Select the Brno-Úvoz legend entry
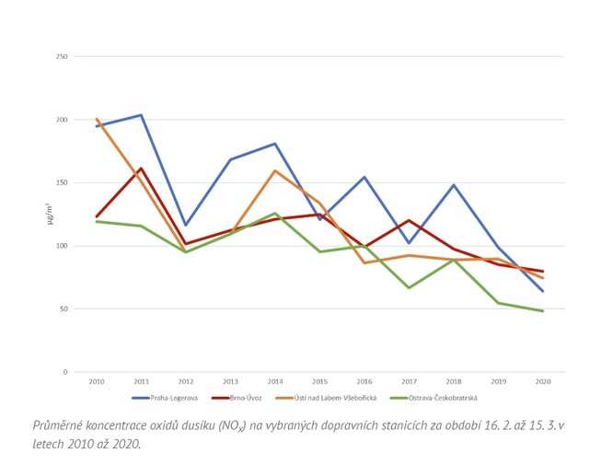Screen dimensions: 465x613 click(x=242, y=398)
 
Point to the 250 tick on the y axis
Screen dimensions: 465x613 click(x=62, y=57)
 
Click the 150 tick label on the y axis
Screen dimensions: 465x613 click(x=62, y=183)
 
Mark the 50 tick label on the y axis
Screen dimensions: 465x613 click(x=64, y=309)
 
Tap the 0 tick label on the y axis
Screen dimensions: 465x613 click(x=65, y=372)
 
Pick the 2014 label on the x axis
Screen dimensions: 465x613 click(x=274, y=380)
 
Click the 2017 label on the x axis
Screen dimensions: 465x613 click(x=410, y=380)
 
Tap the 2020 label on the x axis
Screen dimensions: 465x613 click(x=544, y=380)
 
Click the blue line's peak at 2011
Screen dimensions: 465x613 click(x=140, y=115)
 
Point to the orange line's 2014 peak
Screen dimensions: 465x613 click(x=274, y=170)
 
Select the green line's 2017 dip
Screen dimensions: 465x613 click(x=410, y=288)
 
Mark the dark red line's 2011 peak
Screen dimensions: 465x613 click(x=140, y=169)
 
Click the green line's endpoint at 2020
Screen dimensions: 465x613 click(x=543, y=311)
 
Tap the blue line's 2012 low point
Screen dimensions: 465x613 click(x=185, y=226)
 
